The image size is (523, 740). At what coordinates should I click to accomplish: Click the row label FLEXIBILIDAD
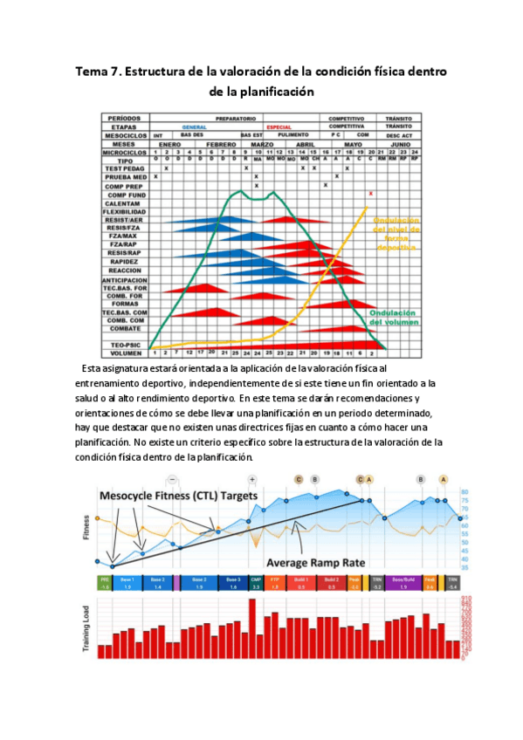(x=123, y=212)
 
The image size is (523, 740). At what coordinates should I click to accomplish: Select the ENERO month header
(x=170, y=144)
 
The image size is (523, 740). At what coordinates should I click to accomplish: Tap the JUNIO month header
(x=401, y=144)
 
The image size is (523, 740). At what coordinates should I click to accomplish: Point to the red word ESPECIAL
(x=279, y=127)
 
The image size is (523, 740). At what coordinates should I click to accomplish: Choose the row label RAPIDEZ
(x=123, y=262)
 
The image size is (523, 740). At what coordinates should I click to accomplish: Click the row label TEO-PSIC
(x=123, y=345)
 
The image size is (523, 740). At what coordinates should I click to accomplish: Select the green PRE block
(x=104, y=581)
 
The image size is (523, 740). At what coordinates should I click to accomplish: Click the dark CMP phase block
(x=256, y=581)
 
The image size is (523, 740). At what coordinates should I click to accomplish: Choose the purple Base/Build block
(x=403, y=581)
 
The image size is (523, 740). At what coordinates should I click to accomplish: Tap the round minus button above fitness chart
(x=173, y=479)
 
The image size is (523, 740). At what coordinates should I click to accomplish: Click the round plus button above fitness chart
(x=252, y=479)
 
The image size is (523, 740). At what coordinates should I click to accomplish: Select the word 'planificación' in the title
(x=272, y=90)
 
